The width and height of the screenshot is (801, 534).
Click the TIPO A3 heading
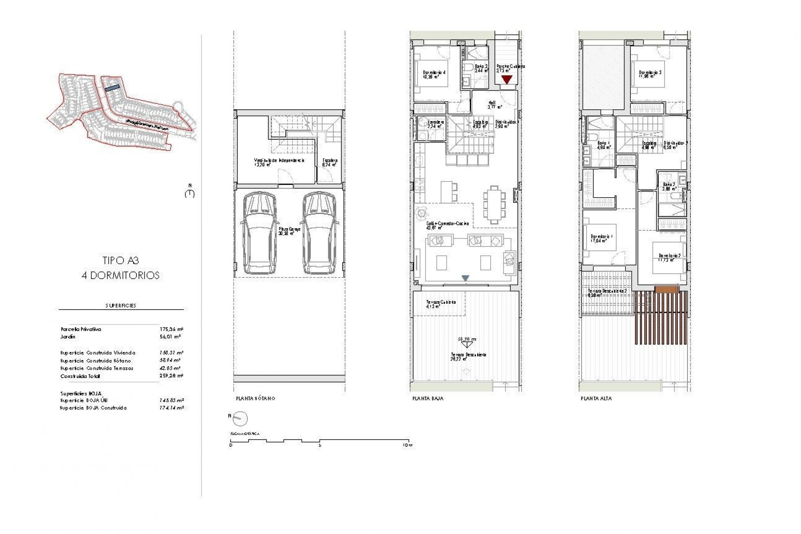pyautogui.click(x=121, y=261)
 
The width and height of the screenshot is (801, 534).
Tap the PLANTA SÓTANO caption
pyautogui.click(x=255, y=398)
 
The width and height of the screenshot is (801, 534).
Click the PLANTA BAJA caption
pyautogui.click(x=428, y=398)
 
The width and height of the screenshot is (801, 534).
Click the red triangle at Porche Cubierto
pyautogui.click(x=506, y=79)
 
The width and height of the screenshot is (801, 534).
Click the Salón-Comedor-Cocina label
pyautogui.click(x=447, y=224)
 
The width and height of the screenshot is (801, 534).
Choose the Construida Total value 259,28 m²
pyautogui.click(x=171, y=376)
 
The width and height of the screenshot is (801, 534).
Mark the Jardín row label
pyautogui.click(x=68, y=337)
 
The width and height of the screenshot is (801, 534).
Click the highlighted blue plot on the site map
pyautogui.click(x=112, y=88)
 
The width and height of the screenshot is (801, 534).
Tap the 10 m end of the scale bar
pyautogui.click(x=408, y=445)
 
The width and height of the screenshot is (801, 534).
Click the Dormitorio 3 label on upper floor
pyautogui.click(x=650, y=72)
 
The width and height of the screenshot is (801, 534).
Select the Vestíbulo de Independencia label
pyautogui.click(x=279, y=160)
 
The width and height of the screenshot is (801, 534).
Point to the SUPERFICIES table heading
pyautogui.click(x=121, y=305)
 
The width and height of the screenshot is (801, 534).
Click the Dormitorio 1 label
pyautogui.click(x=602, y=237)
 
